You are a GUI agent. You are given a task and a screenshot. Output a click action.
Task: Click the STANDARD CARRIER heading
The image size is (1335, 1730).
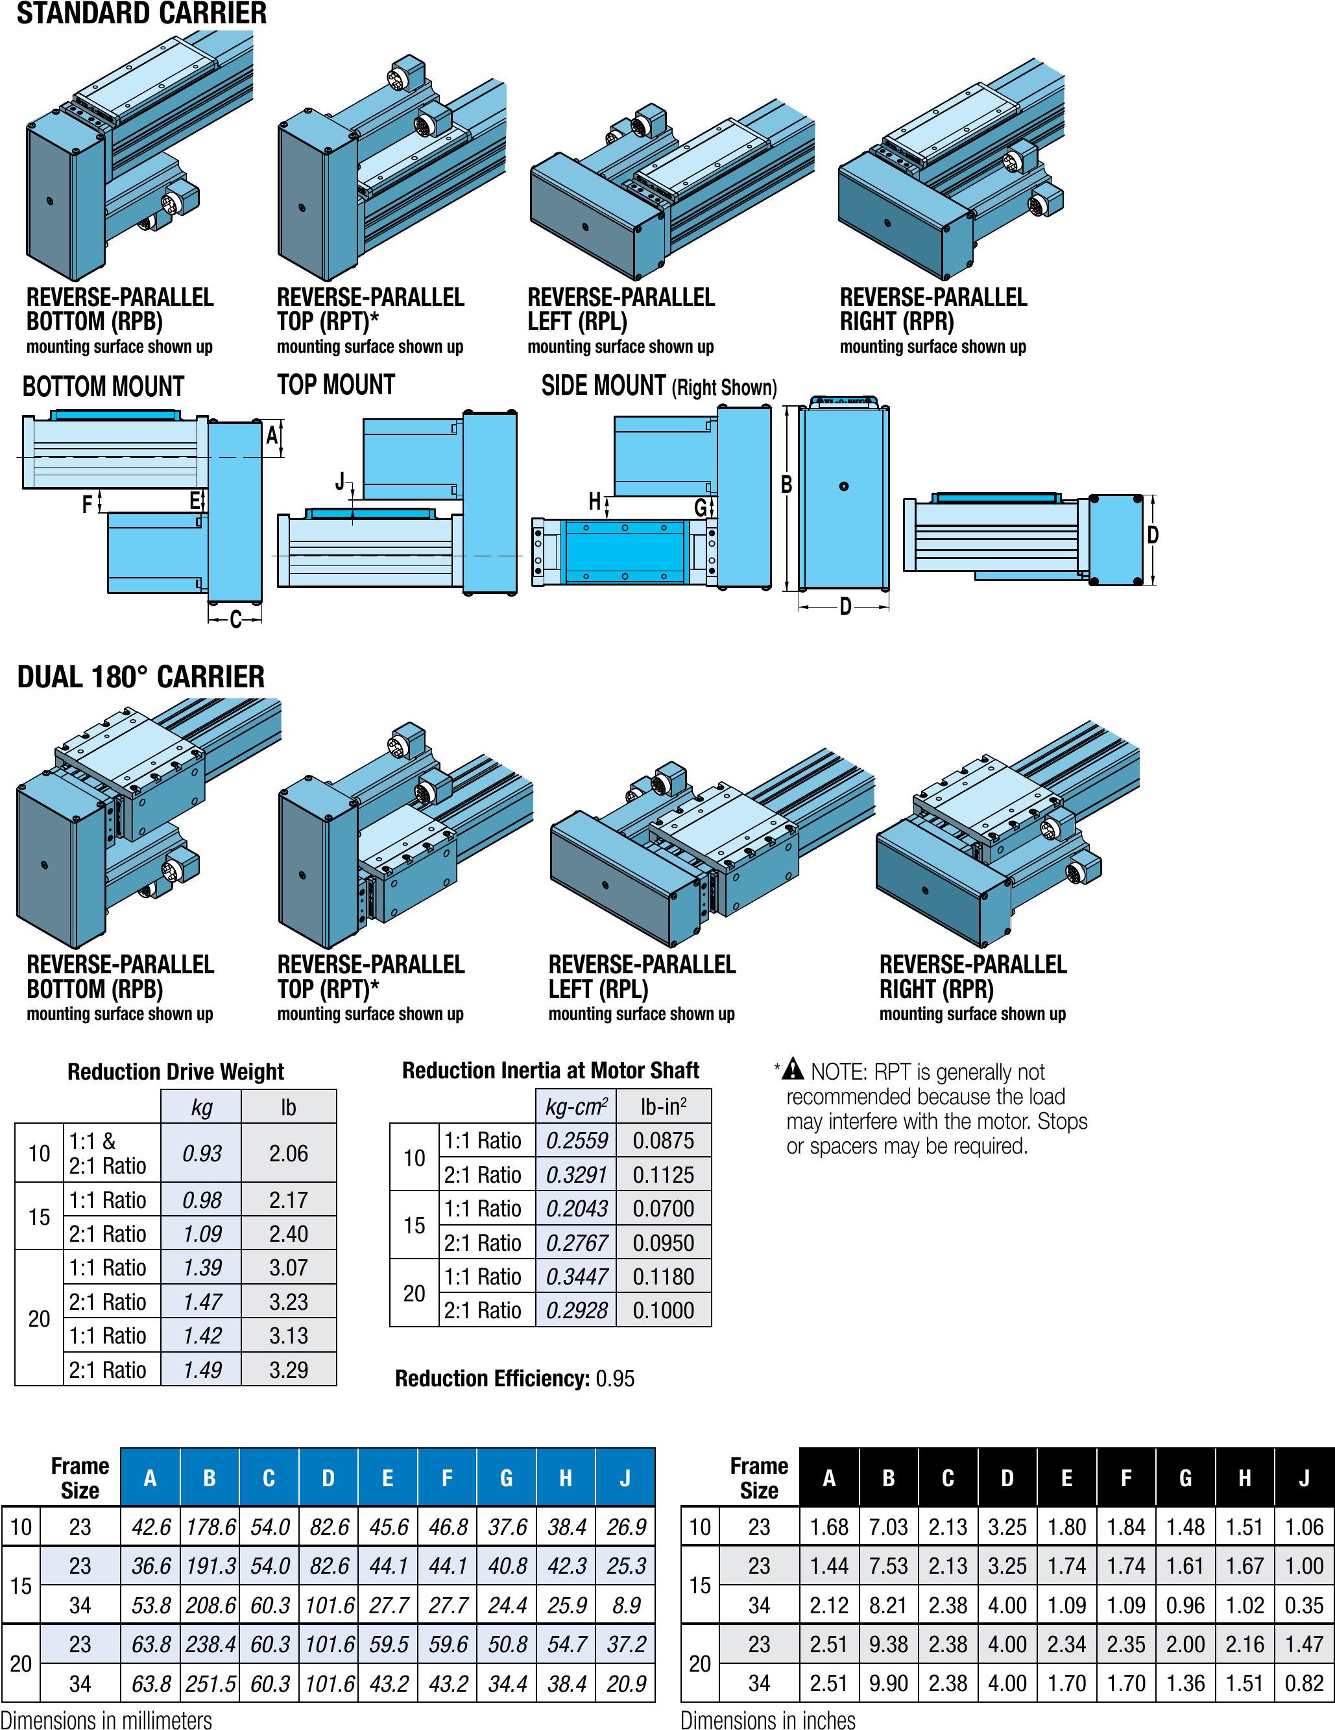point(142,14)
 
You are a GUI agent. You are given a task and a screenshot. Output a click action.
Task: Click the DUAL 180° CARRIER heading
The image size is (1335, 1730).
point(141,677)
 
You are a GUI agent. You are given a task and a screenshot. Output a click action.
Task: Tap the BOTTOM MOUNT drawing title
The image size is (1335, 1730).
point(103,386)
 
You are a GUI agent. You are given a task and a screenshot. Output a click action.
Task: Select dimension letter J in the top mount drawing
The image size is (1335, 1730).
point(341,481)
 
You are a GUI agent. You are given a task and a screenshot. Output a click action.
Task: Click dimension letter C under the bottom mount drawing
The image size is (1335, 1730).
point(235,619)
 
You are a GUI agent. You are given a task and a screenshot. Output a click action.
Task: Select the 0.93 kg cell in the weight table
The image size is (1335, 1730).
point(201,1154)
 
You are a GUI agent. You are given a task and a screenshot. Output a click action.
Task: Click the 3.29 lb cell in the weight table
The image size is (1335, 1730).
point(289,1369)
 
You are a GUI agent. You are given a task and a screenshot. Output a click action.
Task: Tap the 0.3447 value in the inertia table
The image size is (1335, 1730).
point(577,1277)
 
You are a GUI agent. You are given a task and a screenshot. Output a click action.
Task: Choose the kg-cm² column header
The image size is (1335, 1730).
point(577,1107)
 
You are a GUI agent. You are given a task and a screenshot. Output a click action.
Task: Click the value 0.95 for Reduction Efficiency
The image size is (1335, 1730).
point(616,1379)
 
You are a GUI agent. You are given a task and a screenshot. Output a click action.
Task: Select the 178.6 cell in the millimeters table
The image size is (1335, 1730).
point(210,1526)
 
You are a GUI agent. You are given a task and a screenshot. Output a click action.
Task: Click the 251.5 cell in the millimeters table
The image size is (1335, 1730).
point(210,1683)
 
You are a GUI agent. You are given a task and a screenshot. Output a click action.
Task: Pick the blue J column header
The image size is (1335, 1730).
point(625,1478)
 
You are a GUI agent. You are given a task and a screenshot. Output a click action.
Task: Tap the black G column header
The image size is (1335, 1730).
point(1185,1478)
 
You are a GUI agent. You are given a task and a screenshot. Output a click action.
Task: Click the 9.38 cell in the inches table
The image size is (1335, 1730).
point(888,1644)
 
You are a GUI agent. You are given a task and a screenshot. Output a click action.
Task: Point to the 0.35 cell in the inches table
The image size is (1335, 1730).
point(1304,1606)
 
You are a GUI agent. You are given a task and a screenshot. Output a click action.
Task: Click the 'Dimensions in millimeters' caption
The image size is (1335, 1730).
point(106,1720)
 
